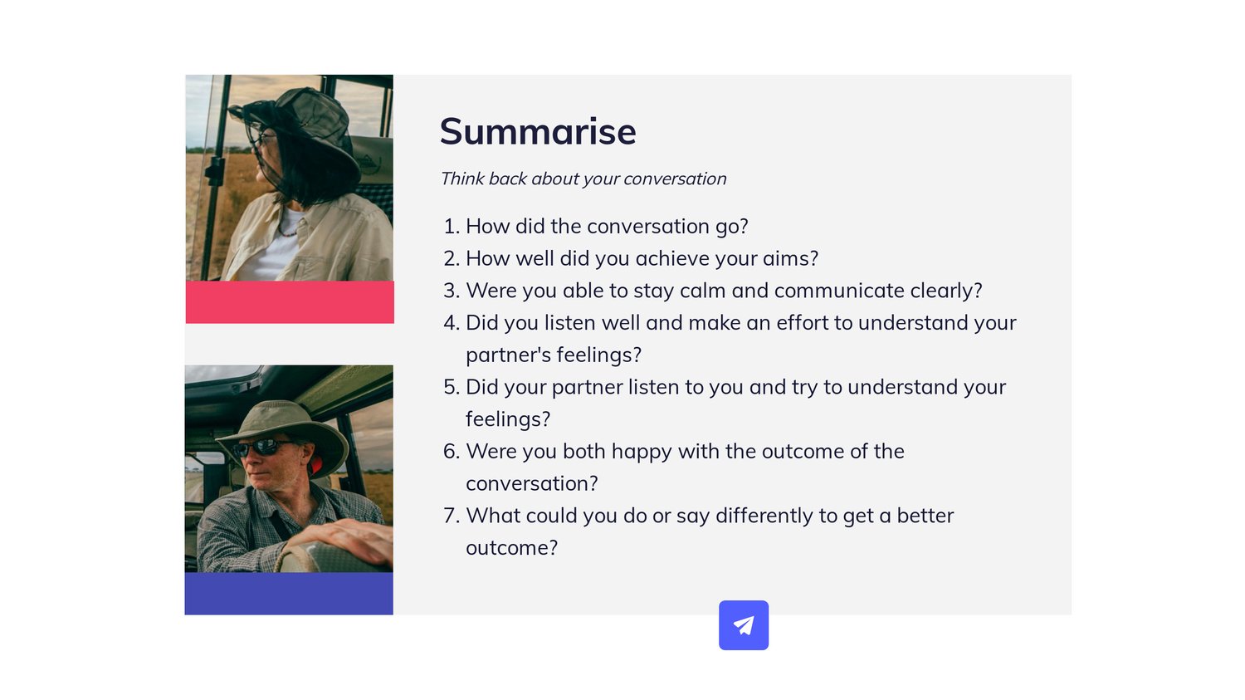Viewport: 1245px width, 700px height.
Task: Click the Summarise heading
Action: pyautogui.click(x=538, y=132)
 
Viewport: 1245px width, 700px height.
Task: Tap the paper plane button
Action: pyautogui.click(x=744, y=625)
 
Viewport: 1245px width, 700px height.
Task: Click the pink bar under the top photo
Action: pyautogui.click(x=290, y=302)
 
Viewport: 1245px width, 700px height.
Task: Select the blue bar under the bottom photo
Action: pyautogui.click(x=289, y=593)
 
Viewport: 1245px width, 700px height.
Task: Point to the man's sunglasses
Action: pyautogui.click(x=262, y=447)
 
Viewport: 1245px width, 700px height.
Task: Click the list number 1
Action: pyautogui.click(x=452, y=227)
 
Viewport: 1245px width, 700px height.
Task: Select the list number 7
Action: pyautogui.click(x=452, y=516)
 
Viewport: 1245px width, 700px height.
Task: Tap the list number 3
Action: pyautogui.click(x=452, y=291)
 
